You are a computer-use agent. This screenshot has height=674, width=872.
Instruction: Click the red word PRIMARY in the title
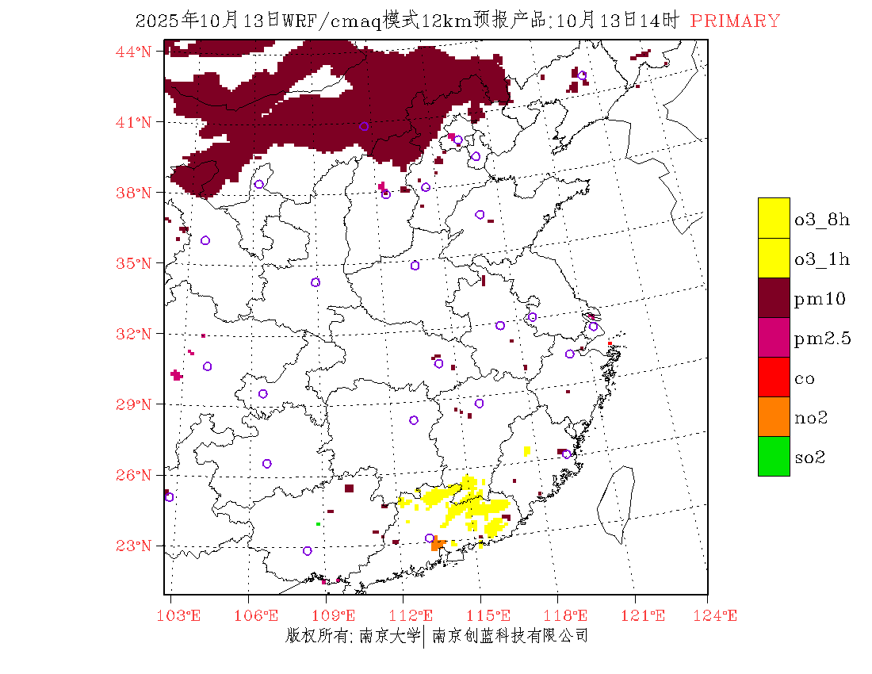(735, 21)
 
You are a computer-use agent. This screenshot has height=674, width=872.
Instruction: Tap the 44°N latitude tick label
(134, 52)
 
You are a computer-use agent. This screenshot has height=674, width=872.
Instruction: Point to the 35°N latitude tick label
(134, 263)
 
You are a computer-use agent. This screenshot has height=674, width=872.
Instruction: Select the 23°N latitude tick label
(134, 546)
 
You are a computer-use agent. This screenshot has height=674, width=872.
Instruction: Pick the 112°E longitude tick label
(415, 615)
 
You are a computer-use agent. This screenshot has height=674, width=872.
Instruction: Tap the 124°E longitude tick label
(720, 615)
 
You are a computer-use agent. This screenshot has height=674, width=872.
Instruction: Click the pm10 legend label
(820, 299)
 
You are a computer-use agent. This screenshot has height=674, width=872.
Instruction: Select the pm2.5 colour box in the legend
(774, 337)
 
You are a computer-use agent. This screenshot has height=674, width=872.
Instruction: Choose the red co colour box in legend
(774, 377)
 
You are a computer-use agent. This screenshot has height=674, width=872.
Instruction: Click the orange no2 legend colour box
(774, 416)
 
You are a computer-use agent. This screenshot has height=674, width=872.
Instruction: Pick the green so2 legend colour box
(774, 456)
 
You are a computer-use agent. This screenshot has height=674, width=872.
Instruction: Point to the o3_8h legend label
(822, 220)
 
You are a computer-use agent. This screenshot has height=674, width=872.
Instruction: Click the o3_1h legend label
(822, 259)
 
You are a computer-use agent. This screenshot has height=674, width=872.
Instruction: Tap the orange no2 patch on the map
(437, 544)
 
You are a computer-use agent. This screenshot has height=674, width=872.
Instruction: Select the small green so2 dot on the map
(318, 524)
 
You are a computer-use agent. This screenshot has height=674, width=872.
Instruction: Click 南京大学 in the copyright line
(389, 636)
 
